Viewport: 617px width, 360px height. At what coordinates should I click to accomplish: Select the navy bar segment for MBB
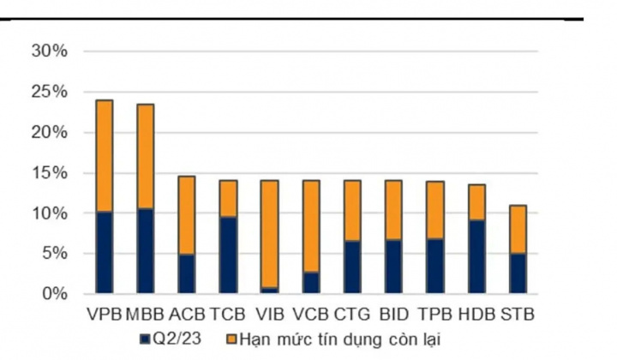pos(146,250)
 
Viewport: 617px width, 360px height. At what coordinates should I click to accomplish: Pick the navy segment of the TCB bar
pos(228,255)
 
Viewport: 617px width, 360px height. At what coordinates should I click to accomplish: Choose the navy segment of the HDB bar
pos(476,256)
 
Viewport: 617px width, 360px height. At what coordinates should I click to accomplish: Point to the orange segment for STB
pos(518,230)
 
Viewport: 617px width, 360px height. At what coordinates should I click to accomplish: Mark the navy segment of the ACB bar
pos(187,273)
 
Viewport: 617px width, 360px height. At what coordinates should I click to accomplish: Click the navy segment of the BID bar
pos(392,266)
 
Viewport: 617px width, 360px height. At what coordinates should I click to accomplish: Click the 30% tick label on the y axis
pos(49,51)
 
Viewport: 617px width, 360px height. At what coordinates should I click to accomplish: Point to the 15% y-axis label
pos(49,172)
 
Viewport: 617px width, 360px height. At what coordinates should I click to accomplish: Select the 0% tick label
pos(53,293)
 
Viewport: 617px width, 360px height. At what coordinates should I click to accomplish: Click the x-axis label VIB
pos(269,314)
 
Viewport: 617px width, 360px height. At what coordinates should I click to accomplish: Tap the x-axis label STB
pos(518,314)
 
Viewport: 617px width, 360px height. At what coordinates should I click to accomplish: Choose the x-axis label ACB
pos(187,314)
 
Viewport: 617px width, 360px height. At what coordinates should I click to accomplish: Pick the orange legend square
pos(231,337)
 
